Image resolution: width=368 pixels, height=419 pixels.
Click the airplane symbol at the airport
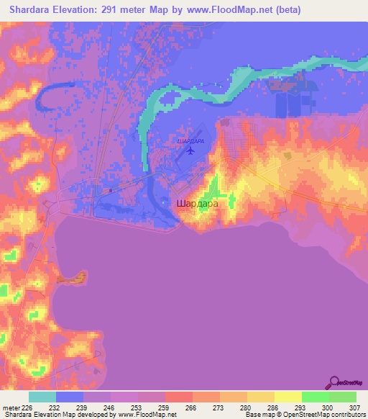[x=190, y=150]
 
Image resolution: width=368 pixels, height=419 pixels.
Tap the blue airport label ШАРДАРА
[x=190, y=141]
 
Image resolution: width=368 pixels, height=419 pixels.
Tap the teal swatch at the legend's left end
[x=42, y=397]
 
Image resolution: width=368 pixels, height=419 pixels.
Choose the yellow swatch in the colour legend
[x=288, y=397]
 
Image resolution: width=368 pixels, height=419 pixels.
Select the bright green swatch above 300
[x=316, y=397]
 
